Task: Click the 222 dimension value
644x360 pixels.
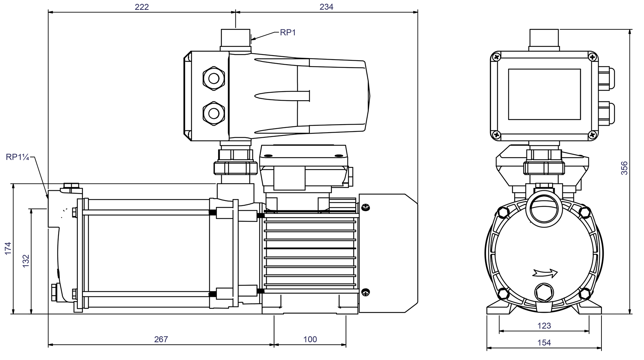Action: (x=141, y=7)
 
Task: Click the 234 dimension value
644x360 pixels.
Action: (x=326, y=7)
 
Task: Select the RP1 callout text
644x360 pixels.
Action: (x=288, y=33)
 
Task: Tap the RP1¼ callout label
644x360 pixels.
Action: (x=17, y=157)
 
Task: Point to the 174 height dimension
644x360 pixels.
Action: (x=8, y=248)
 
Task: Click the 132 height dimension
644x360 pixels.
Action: (x=26, y=261)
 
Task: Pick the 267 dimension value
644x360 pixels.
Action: (x=161, y=339)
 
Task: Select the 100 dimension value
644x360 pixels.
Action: (x=310, y=339)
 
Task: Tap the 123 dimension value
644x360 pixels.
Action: (x=544, y=325)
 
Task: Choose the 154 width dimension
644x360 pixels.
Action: (x=544, y=342)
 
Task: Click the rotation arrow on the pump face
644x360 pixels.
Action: (x=544, y=272)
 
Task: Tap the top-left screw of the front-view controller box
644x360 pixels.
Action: (x=496, y=57)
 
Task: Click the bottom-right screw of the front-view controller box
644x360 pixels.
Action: (x=592, y=135)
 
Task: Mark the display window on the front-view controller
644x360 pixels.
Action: (x=544, y=94)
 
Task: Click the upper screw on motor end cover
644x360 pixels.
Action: (x=366, y=208)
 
